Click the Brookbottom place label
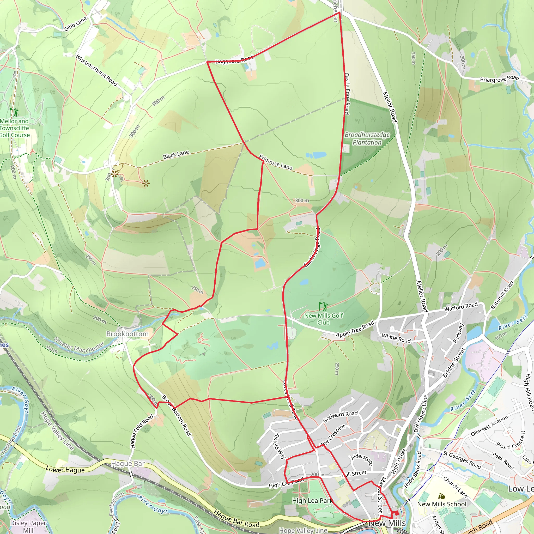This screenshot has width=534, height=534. [127, 334]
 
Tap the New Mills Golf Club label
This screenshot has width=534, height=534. [323, 319]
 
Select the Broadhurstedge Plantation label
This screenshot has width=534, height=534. [367, 138]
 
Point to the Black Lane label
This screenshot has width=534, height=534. [176, 155]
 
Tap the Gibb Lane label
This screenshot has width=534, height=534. [75, 24]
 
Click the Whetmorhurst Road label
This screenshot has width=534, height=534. [96, 70]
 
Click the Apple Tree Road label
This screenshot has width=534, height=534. [355, 329]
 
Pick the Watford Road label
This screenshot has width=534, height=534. [461, 307]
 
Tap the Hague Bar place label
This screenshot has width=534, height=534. [128, 464]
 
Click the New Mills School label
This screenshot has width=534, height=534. [442, 504]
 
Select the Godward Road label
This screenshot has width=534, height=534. [340, 416]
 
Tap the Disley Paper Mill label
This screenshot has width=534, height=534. [28, 526]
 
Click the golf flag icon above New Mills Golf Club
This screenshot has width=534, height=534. [323, 306]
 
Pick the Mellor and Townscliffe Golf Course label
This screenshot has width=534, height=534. [15, 128]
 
